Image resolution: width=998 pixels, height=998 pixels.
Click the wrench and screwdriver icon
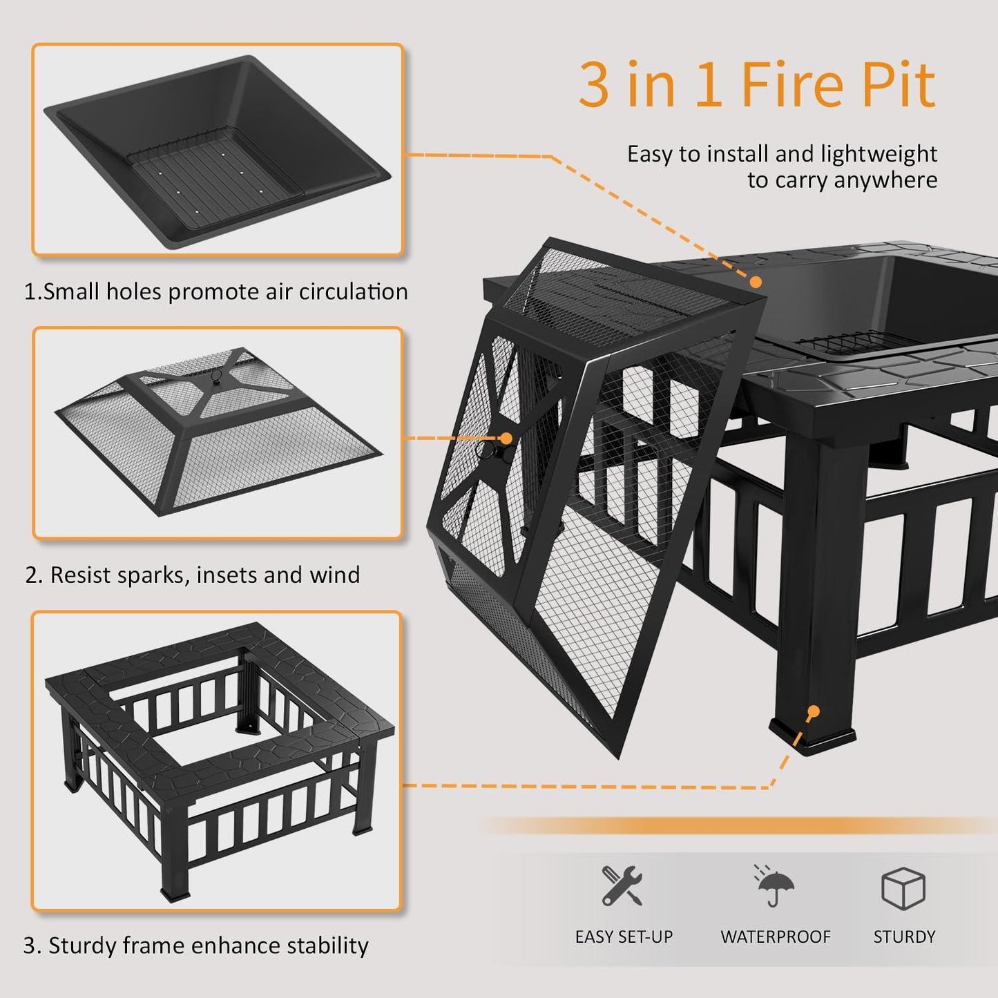tap(622, 885)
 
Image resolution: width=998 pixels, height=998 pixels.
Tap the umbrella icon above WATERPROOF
tap(774, 886)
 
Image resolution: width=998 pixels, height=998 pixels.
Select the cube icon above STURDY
tap(903, 889)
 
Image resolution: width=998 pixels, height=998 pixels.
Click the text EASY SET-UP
tap(624, 937)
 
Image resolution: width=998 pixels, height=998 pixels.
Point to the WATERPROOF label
tap(776, 937)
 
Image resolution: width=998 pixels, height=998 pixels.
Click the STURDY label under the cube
tap(904, 937)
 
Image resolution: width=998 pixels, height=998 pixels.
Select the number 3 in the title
tap(594, 86)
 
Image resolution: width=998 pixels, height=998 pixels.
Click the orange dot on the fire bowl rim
tap(756, 282)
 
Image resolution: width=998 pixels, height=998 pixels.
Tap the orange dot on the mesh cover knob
tap(506, 439)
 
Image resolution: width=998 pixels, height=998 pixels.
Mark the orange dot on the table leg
tap(814, 711)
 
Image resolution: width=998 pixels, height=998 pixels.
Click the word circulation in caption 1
tap(353, 292)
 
